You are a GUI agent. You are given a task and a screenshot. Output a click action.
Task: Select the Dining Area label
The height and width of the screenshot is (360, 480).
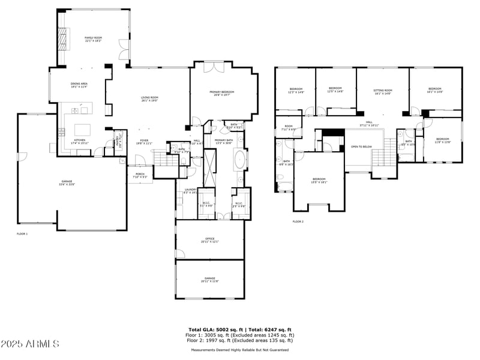click(x=79, y=85)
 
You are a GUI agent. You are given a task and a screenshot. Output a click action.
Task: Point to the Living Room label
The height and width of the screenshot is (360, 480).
click(x=149, y=99)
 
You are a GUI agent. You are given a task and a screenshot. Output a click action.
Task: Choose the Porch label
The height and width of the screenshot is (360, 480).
click(x=139, y=176)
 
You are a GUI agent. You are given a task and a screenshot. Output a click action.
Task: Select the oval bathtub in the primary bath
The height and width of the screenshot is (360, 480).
click(x=239, y=160)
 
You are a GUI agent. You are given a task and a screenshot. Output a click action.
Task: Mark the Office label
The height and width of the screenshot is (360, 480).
click(x=210, y=240)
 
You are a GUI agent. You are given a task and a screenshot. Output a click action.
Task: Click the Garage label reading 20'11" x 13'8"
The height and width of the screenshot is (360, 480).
click(x=210, y=279)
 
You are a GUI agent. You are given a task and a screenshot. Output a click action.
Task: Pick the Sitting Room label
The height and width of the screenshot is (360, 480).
click(x=383, y=91)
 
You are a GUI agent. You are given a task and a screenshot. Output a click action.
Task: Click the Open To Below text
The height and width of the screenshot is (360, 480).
click(x=361, y=146)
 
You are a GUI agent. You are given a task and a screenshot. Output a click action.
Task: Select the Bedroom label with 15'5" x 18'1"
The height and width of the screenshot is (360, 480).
click(x=319, y=181)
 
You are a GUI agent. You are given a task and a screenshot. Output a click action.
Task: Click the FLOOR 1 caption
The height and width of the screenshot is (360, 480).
click(x=22, y=233)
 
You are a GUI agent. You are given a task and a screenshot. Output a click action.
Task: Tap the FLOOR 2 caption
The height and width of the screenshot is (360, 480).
click(x=298, y=222)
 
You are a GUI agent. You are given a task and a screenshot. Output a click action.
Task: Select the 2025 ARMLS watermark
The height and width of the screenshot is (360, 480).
click(x=30, y=344)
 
